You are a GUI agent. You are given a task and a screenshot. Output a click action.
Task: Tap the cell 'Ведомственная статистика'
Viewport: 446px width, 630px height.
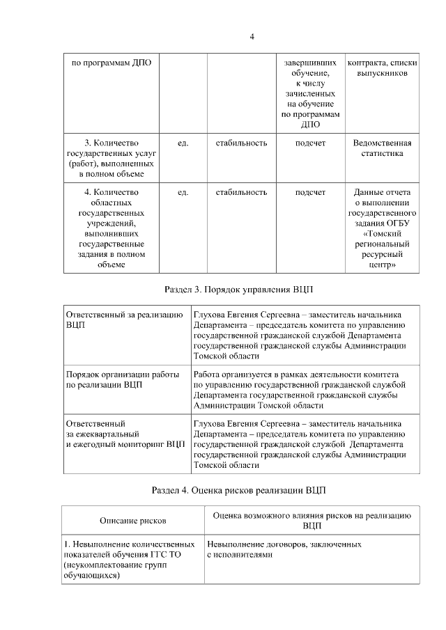click(381, 148)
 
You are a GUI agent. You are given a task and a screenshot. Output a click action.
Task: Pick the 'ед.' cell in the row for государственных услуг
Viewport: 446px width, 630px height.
click(183, 143)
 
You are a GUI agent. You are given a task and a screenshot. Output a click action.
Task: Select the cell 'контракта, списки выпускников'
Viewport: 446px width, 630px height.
click(381, 68)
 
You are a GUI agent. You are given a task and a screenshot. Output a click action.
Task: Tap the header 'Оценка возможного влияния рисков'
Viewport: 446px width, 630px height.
click(312, 520)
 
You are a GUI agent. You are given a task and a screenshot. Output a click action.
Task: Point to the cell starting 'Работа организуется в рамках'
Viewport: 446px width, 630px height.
click(298, 389)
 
